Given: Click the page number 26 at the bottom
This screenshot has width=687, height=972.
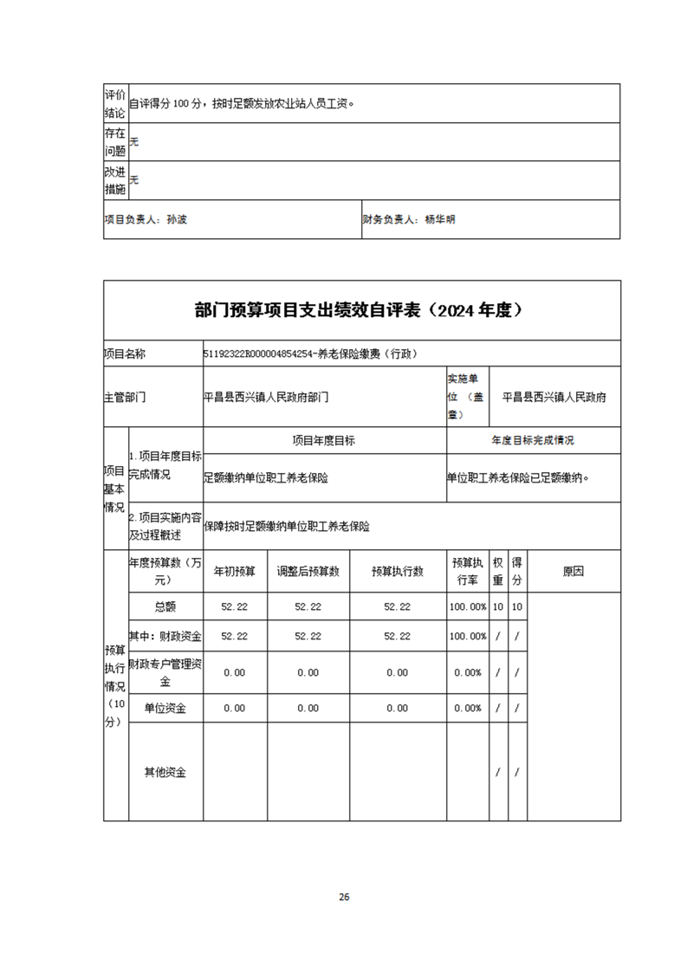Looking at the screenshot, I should [x=344, y=896].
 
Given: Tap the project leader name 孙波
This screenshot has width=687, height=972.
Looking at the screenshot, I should [x=176, y=219].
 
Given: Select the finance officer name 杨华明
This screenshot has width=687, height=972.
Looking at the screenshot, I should [x=440, y=219].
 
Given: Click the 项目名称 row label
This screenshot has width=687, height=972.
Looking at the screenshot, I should [x=125, y=353].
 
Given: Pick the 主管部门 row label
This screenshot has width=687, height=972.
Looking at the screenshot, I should [x=125, y=398].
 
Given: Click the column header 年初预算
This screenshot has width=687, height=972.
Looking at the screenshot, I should [x=235, y=571].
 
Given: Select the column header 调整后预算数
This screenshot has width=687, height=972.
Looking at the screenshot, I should [x=308, y=571].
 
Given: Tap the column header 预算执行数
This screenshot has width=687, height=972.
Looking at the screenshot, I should [x=397, y=571].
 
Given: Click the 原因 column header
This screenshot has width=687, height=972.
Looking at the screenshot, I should [x=574, y=571].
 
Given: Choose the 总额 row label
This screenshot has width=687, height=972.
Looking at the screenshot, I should [x=165, y=606].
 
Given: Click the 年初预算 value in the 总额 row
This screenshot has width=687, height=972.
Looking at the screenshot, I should [x=235, y=606].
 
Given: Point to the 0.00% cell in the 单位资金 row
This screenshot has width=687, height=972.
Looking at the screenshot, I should [x=467, y=708].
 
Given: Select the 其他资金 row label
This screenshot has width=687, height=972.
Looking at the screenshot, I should [x=165, y=772].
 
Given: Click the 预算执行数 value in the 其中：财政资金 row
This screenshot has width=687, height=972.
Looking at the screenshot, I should [x=397, y=636].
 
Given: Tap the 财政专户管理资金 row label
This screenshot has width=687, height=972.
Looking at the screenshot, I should [x=165, y=672].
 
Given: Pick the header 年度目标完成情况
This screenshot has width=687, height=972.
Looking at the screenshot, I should [x=533, y=440].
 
